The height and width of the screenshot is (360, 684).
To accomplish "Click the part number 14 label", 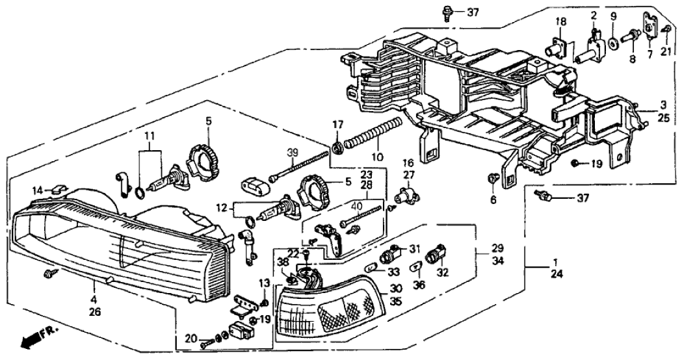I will click(x=38, y=190).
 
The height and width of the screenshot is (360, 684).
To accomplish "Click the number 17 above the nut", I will click(x=337, y=125).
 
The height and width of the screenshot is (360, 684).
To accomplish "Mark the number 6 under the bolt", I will click(x=493, y=199).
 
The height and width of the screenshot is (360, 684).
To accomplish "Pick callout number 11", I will click(x=150, y=136).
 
